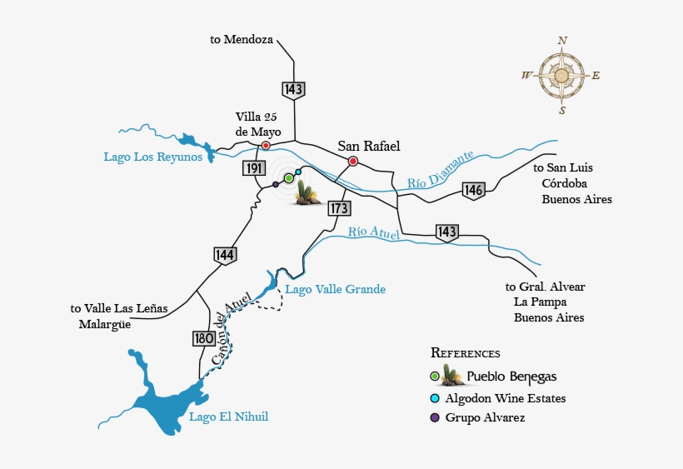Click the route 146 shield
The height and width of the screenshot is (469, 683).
coord(474,191)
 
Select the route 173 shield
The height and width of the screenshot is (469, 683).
coord(338,208)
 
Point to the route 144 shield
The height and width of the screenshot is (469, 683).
coord(224,255)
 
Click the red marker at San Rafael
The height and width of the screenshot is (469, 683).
coord(353,161)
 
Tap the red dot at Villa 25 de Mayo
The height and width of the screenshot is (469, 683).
coord(266,145)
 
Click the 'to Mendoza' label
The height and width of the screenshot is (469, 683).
coord(242,39)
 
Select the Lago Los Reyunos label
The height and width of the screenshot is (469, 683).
coord(153,157)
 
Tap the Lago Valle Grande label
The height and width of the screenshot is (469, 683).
coord(335,289)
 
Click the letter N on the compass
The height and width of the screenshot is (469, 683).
coord(562,40)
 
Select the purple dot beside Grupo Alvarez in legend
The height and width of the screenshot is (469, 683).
coord(435,417)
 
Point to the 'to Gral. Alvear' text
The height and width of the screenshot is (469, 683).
coord(545,287)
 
